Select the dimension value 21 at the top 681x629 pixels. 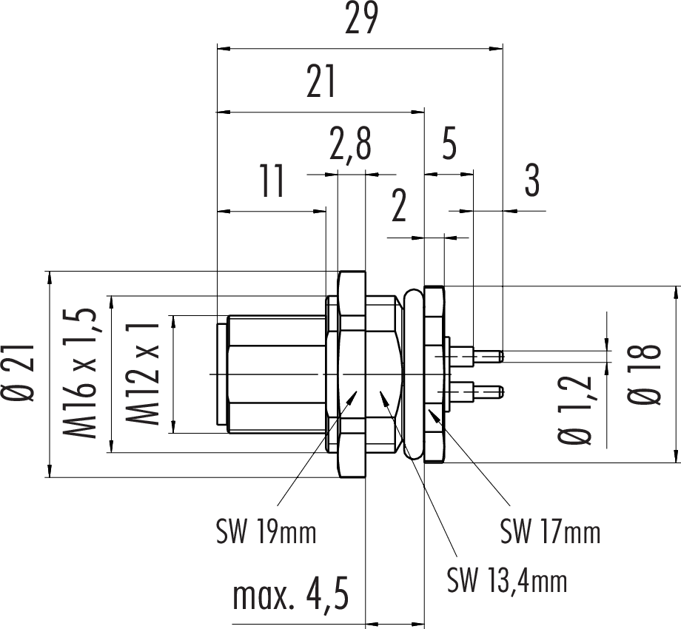tap(321, 83)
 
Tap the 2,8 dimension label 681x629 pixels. tap(351, 147)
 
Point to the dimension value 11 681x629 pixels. tap(272, 182)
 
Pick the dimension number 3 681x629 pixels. tap(531, 182)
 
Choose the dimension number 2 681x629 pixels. tap(399, 209)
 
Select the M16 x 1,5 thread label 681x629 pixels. tap(83, 374)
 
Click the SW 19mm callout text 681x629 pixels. tap(266, 531)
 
